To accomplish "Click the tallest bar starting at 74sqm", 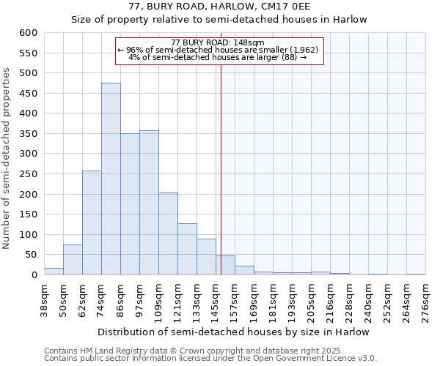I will [111, 179].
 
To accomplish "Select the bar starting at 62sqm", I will [92, 223].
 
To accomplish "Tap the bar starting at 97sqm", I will [149, 203].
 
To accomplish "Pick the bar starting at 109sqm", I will [168, 234].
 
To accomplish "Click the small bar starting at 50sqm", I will [73, 260].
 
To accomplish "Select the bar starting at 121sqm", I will [187, 249].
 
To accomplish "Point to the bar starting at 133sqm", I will [206, 257].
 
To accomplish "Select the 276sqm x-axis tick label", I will [425, 300].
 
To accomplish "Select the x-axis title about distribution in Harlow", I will [233, 332].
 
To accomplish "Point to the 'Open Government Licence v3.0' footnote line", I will [210, 359].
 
